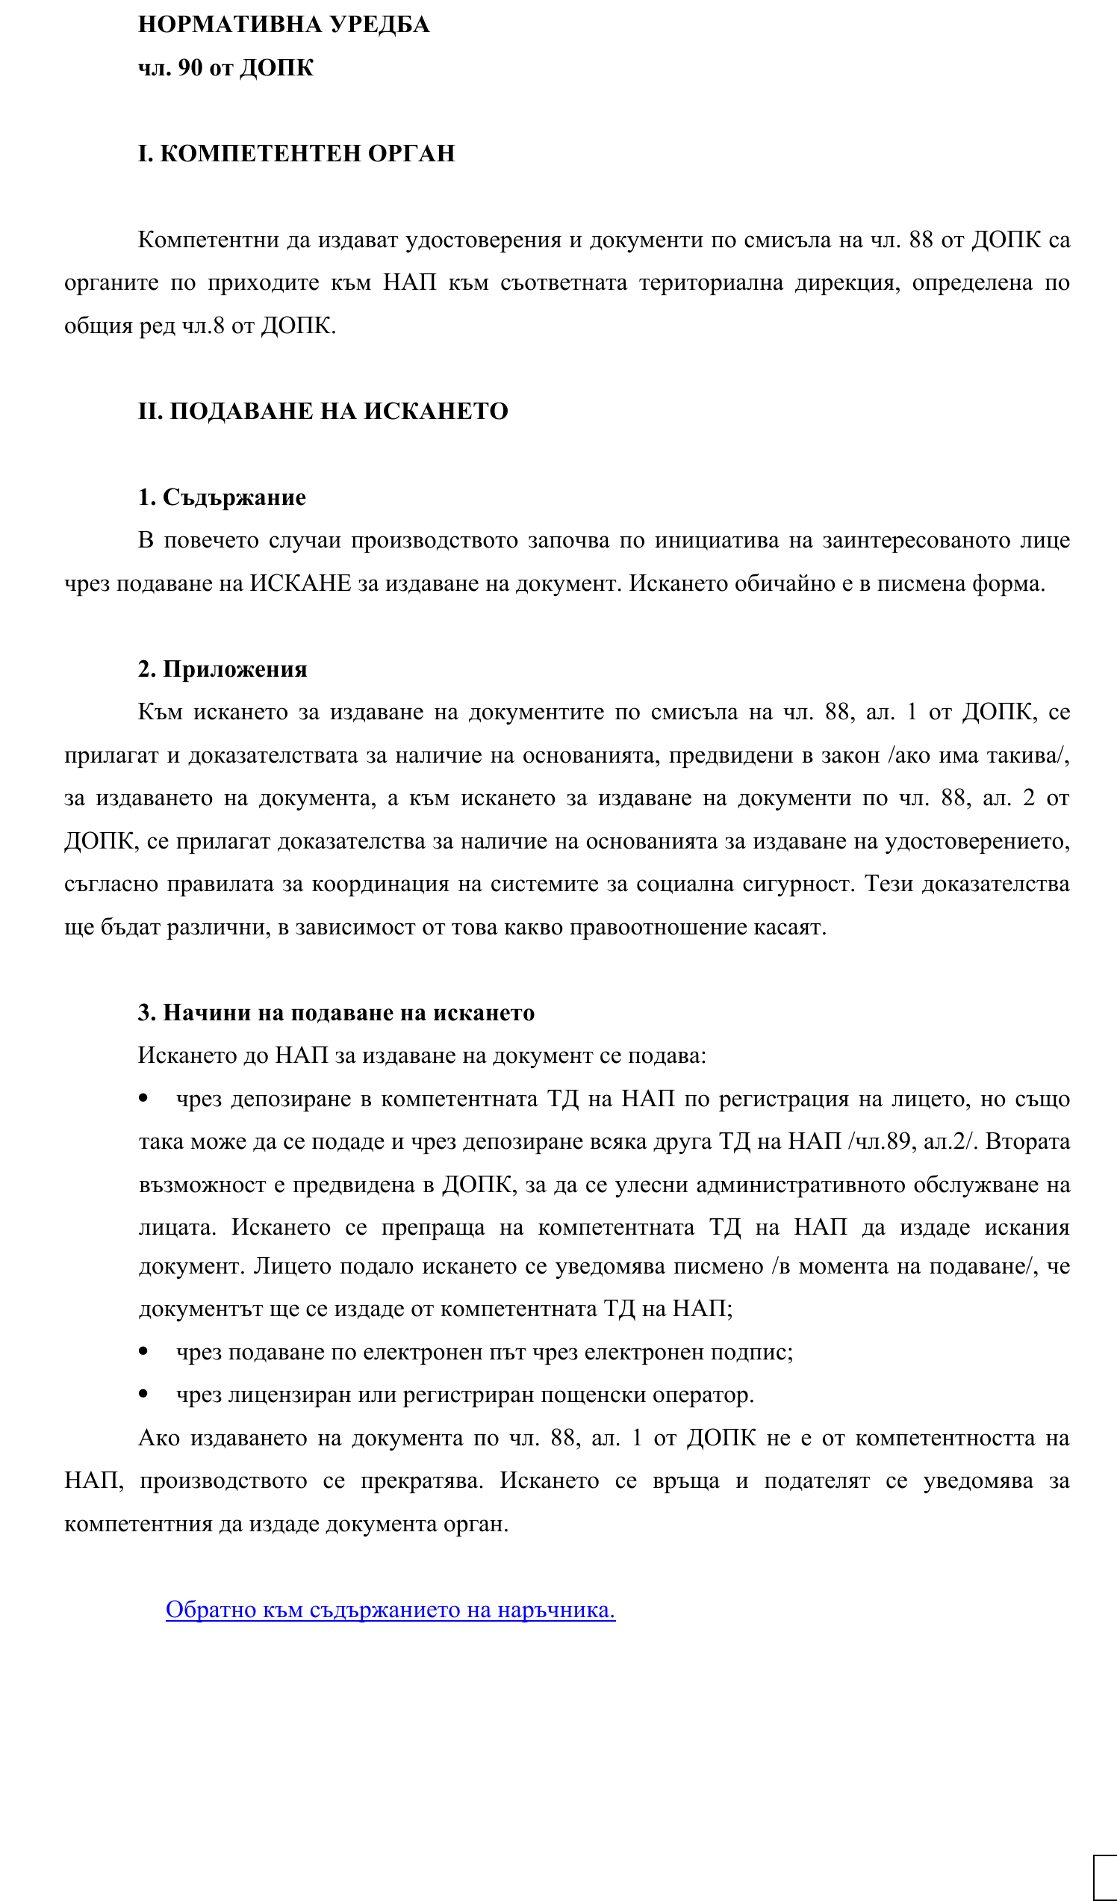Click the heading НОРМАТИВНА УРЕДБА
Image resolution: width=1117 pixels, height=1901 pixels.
click(284, 25)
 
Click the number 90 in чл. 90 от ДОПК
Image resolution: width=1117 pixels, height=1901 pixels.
click(190, 68)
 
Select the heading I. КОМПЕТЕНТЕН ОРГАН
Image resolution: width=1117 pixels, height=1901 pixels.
click(296, 154)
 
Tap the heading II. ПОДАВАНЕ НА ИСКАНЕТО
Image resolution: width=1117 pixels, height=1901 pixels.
click(323, 412)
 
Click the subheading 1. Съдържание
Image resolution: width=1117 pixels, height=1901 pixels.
click(222, 498)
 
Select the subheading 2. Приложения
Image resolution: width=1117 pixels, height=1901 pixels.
click(223, 670)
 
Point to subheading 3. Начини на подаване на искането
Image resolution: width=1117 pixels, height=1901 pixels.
click(336, 1013)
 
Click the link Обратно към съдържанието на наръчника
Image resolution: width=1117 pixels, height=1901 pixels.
click(390, 1610)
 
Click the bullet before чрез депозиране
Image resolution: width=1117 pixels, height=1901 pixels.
click(143, 1098)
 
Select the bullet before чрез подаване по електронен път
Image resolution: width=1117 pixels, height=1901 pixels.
click(143, 1352)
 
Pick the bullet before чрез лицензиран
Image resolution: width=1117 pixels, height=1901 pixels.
click(143, 1395)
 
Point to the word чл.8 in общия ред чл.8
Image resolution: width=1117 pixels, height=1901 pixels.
click(203, 326)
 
